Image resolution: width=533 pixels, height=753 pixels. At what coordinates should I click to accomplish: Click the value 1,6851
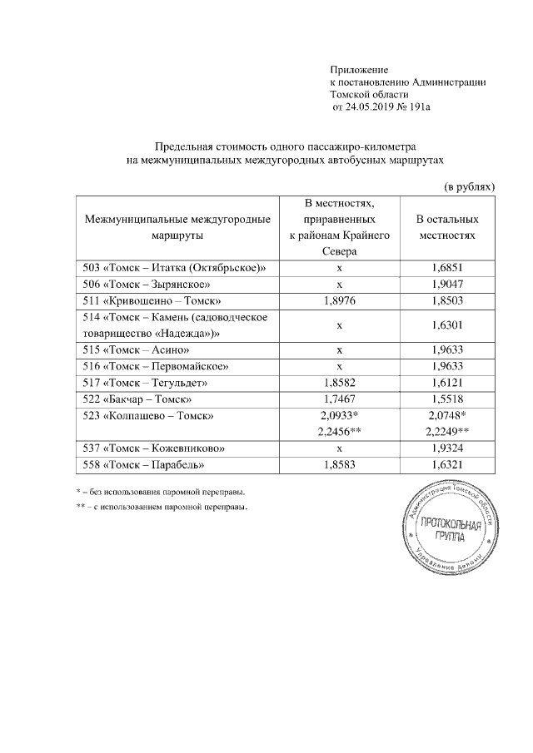point(447,269)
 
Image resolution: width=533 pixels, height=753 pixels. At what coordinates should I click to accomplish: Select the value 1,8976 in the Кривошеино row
point(339,299)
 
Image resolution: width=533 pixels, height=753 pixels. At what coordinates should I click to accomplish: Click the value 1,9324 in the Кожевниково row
point(447,448)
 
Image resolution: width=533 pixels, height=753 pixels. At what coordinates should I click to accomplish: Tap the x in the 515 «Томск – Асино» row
point(339,349)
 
